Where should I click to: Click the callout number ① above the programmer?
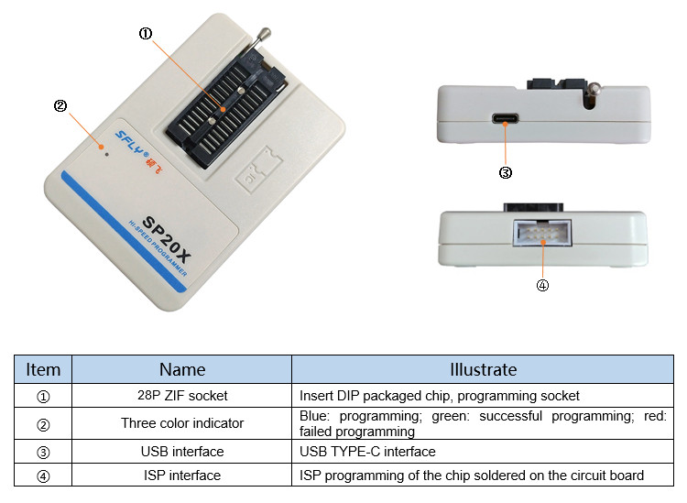[146, 34]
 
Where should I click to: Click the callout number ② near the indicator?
[60, 105]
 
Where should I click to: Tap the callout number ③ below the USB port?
[505, 171]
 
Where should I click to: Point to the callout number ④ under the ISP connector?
[541, 285]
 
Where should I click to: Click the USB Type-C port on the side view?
[506, 119]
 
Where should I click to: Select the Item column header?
[43, 369]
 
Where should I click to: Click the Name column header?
[182, 369]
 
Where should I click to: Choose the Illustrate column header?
[483, 369]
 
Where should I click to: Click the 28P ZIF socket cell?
[182, 396]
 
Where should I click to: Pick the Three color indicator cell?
[182, 423]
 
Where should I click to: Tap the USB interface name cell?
[182, 452]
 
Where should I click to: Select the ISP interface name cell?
[182, 475]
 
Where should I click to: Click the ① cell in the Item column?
[43, 396]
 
